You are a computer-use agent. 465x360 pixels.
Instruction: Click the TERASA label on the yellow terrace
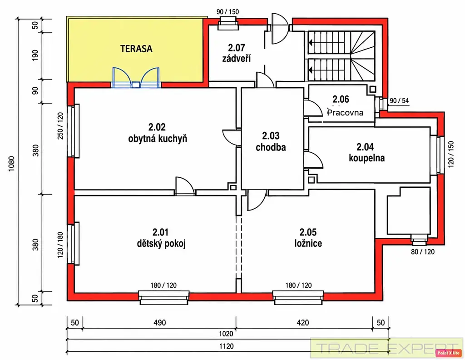[136, 49]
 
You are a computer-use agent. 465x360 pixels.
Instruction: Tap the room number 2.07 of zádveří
[236, 47]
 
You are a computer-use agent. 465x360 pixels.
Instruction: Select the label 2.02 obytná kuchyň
[158, 133]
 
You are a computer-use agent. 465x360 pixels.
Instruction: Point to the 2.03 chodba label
[271, 141]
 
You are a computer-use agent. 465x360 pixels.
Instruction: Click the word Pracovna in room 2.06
[345, 112]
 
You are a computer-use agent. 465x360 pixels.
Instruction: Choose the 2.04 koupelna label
[366, 152]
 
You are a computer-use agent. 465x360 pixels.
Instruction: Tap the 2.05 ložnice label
[308, 238]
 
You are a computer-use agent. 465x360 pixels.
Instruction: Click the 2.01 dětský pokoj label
[161, 238]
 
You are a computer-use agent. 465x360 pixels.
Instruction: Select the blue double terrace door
[136, 78]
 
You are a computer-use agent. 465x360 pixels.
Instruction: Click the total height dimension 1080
[11, 164]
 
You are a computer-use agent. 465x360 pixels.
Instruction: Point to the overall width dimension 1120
[226, 346]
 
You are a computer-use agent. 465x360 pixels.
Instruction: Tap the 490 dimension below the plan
[159, 323]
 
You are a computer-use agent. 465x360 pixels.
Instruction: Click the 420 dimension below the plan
[303, 323]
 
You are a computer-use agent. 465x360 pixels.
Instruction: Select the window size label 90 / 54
[399, 100]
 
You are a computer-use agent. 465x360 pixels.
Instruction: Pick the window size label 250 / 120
[60, 126]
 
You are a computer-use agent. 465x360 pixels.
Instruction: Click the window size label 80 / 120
[423, 252]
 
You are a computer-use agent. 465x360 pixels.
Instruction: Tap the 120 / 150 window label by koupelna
[451, 154]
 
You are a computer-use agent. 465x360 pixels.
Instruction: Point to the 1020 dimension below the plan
[226, 334]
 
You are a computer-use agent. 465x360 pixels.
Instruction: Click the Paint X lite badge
[448, 353]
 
